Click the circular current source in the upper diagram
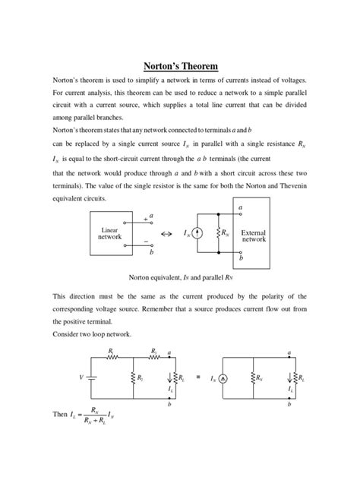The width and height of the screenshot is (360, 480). (197, 234)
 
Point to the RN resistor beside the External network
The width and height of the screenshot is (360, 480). (218, 234)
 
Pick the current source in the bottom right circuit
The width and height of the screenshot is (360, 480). (225, 377)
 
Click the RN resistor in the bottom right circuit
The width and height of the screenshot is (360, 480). (254, 377)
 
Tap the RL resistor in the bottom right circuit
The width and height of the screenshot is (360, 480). (291, 377)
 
